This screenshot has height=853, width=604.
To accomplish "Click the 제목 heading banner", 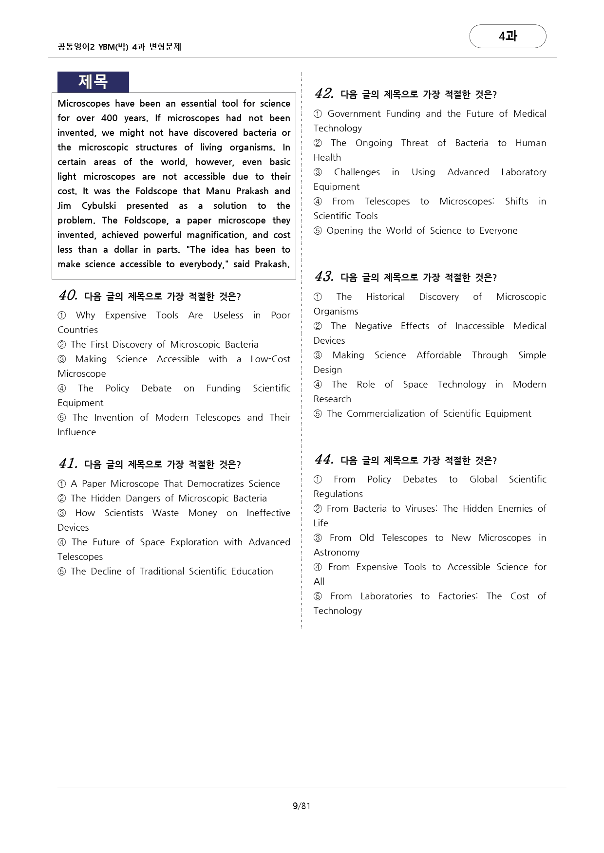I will (93, 82).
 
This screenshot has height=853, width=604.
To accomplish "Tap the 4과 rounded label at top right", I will (508, 36).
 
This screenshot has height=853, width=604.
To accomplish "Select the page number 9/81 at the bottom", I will (302, 806).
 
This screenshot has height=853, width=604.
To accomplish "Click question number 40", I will (68, 296).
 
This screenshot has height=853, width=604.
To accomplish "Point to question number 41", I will (68, 464).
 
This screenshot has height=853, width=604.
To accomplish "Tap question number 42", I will (324, 93).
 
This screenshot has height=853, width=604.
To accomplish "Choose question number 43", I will (324, 277).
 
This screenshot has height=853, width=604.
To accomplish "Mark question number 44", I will (324, 460).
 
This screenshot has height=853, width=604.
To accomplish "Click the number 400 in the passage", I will (110, 118).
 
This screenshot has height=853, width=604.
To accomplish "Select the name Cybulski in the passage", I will (99, 205).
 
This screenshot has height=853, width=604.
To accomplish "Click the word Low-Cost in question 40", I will (270, 359).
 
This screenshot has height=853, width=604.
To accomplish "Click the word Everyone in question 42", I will (498, 230).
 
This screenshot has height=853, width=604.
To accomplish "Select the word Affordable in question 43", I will (439, 355).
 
